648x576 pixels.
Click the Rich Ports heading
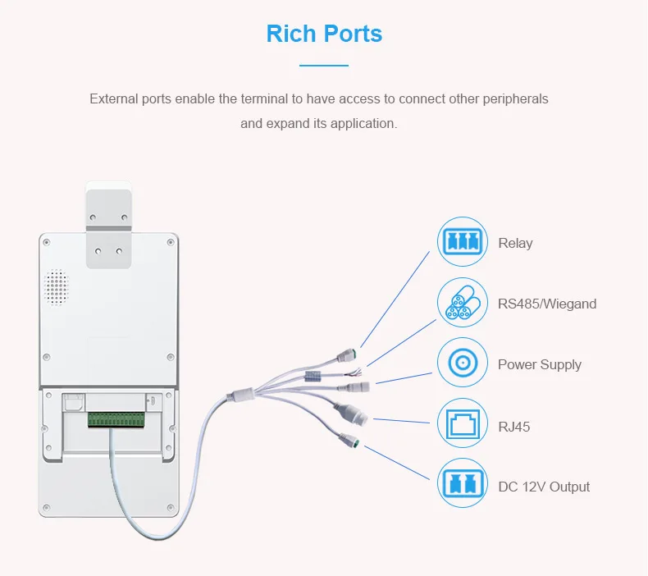coord(324,34)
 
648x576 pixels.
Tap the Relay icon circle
coord(462,242)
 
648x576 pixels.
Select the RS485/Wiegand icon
coord(462,303)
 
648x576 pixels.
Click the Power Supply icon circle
coord(462,363)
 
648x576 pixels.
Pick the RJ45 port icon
coord(462,425)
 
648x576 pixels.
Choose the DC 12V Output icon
coord(462,485)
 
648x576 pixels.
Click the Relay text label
coord(515,244)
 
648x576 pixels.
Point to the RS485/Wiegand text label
coord(547,304)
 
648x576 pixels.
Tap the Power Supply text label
coord(539,365)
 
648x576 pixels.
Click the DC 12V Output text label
coord(544,487)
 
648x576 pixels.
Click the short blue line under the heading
coord(324,65)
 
